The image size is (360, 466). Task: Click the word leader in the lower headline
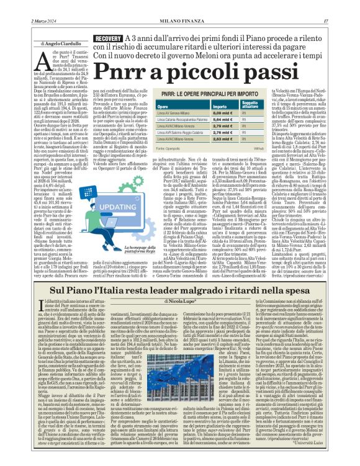(167, 290)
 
